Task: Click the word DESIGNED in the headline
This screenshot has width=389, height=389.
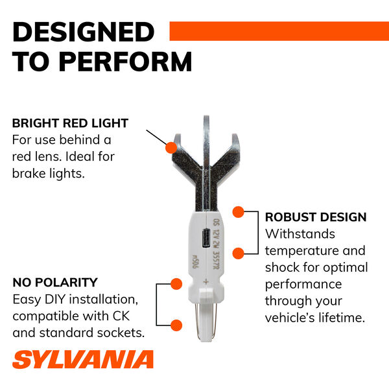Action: point(84,32)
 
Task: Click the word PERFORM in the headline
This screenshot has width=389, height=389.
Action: point(126,62)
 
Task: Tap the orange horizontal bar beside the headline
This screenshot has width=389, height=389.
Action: point(279,31)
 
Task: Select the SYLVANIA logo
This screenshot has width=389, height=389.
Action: point(83,359)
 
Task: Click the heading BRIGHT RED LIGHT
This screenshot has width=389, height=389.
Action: point(70,123)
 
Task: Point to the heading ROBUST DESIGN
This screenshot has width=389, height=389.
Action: point(316,217)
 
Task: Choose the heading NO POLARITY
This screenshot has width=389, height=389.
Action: point(55,282)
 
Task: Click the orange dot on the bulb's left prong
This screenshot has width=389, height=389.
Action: point(171,148)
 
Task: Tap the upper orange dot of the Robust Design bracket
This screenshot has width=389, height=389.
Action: point(239,212)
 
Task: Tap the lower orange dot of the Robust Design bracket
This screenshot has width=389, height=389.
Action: point(239,253)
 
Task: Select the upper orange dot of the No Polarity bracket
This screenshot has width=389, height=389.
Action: point(176,284)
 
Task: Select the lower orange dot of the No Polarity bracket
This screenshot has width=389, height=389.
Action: point(176,325)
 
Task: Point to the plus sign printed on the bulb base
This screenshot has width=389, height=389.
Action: point(206,282)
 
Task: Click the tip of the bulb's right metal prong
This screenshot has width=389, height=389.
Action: point(235,135)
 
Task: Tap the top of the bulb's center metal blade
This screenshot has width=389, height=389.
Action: point(206,116)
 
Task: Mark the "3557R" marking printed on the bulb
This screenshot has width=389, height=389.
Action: point(216,261)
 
